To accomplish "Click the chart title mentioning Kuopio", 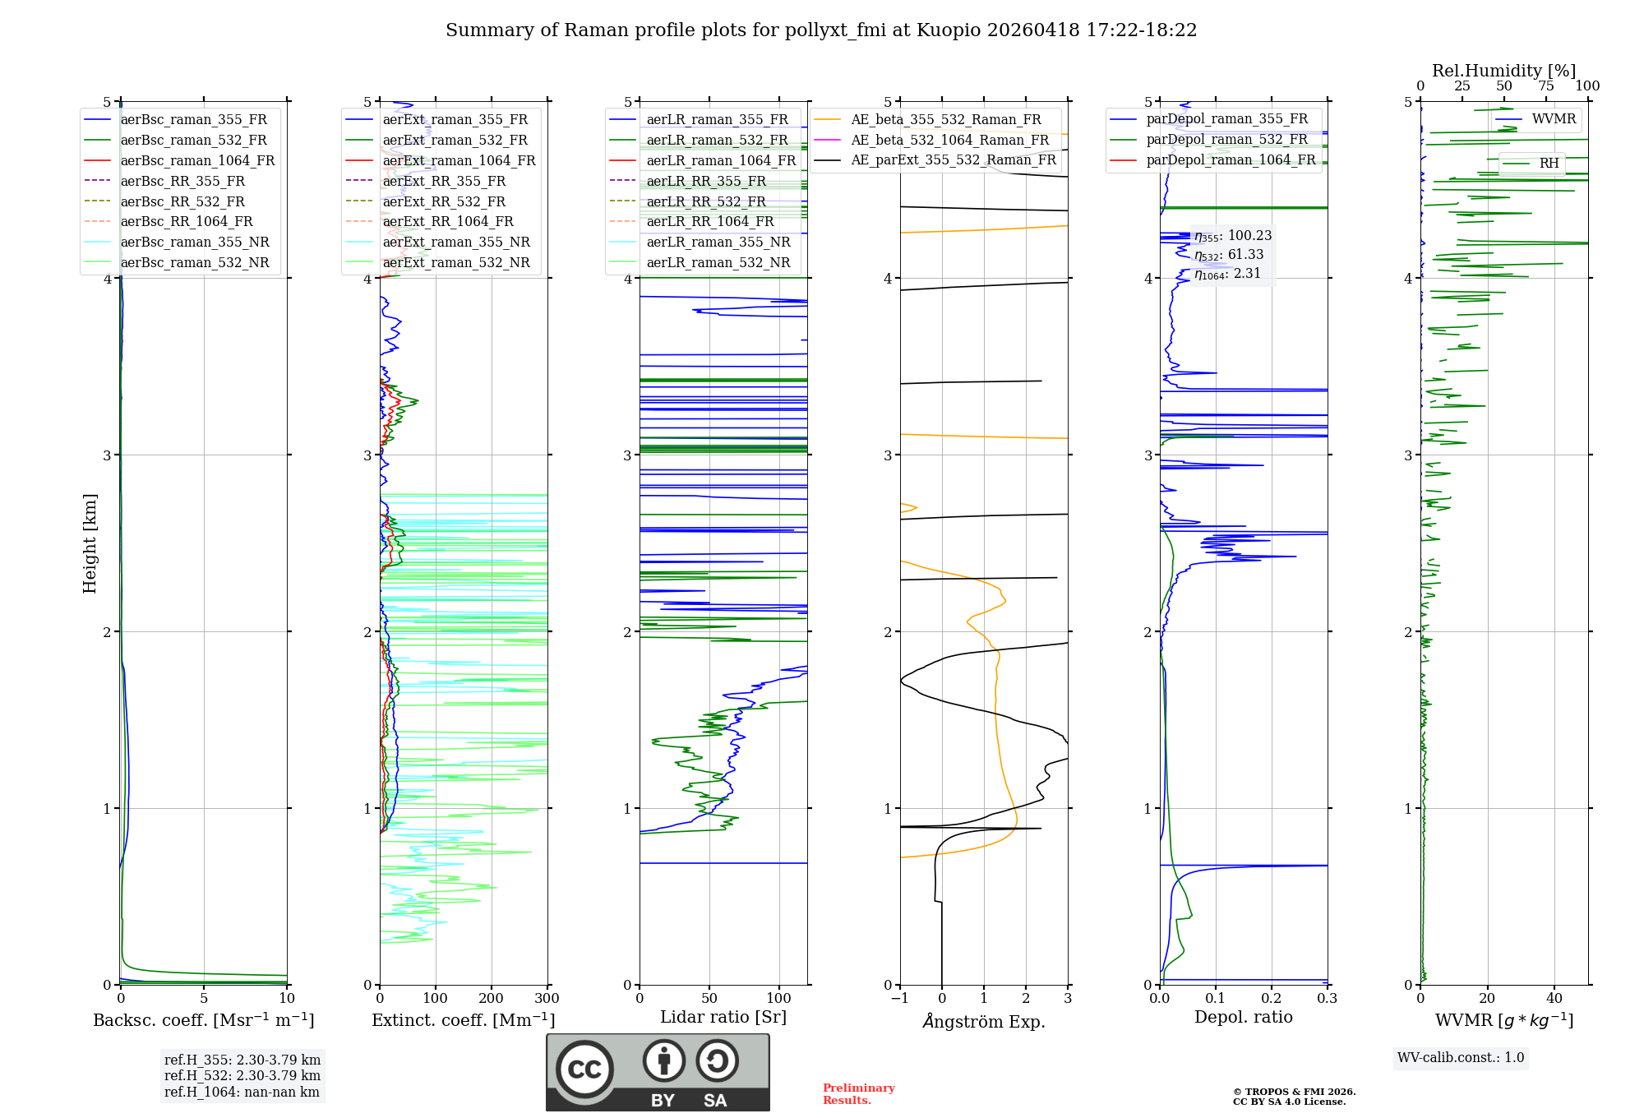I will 821,30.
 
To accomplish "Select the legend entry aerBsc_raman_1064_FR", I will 197,160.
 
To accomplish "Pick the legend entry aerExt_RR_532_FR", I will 444,201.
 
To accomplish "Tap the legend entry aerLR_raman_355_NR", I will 718,242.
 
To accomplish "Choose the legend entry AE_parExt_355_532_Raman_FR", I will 953,159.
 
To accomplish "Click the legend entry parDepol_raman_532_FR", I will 1226,139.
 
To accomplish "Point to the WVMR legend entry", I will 1554,119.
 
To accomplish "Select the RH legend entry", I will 1549,163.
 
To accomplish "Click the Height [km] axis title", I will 90,543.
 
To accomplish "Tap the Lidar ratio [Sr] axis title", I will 723,1017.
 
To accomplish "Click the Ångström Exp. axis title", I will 984,1021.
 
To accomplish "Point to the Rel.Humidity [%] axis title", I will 1503,71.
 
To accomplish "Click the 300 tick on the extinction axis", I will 547,999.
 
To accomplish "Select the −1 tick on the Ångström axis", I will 899,999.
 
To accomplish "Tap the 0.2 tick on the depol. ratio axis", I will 1271,999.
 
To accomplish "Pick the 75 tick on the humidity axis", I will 1545,86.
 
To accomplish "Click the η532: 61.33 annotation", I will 1229,255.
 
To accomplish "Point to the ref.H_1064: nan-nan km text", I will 242,1092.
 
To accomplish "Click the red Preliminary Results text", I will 858,1094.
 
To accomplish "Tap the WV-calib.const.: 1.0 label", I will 1461,1058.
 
